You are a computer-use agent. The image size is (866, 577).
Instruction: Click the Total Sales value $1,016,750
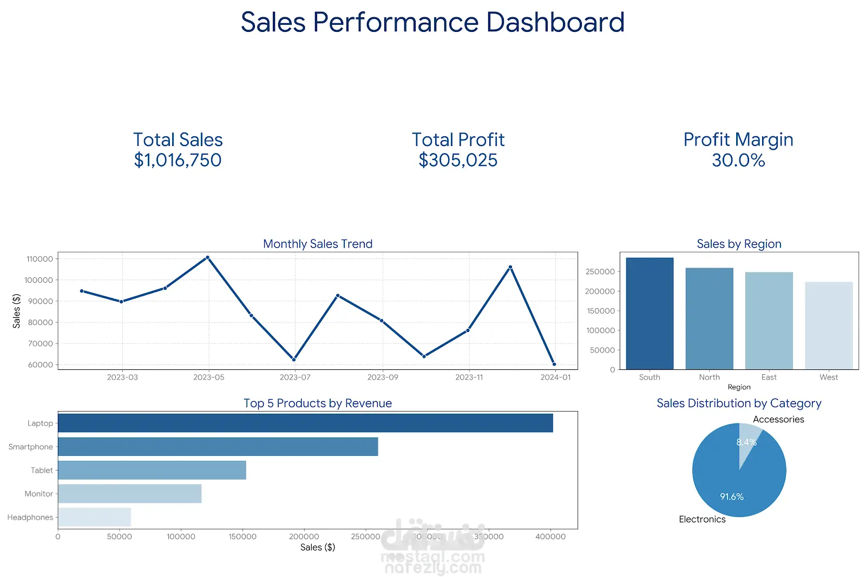pos(178,160)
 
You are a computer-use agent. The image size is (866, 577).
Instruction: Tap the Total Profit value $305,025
pos(458,160)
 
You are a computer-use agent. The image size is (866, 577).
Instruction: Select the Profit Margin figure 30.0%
pos(738,160)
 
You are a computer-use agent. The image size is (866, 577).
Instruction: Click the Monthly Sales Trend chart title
pos(318,244)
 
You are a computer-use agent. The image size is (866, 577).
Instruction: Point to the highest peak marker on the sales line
pos(208,257)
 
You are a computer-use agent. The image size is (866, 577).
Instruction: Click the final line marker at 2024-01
pos(554,364)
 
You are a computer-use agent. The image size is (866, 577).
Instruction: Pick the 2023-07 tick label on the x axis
pos(295,377)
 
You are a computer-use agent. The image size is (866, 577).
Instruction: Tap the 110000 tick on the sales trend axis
pos(40,259)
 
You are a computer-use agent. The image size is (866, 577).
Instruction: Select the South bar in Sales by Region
pos(649,314)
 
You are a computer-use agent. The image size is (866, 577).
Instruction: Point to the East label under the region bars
pos(769,377)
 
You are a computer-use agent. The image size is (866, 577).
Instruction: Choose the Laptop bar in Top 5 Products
pos(305,423)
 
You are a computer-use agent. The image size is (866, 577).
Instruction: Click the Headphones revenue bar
pos(94,517)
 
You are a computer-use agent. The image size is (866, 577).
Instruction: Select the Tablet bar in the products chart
pos(152,470)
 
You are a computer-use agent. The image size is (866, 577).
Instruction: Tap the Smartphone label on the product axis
pos(31,447)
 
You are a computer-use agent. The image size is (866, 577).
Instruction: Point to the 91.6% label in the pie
pos(732,496)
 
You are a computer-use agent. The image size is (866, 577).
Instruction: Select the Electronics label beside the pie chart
pos(702,519)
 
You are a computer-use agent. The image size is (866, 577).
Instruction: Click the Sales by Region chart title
pos(739,244)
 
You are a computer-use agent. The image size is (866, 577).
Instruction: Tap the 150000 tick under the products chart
pos(242,536)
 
